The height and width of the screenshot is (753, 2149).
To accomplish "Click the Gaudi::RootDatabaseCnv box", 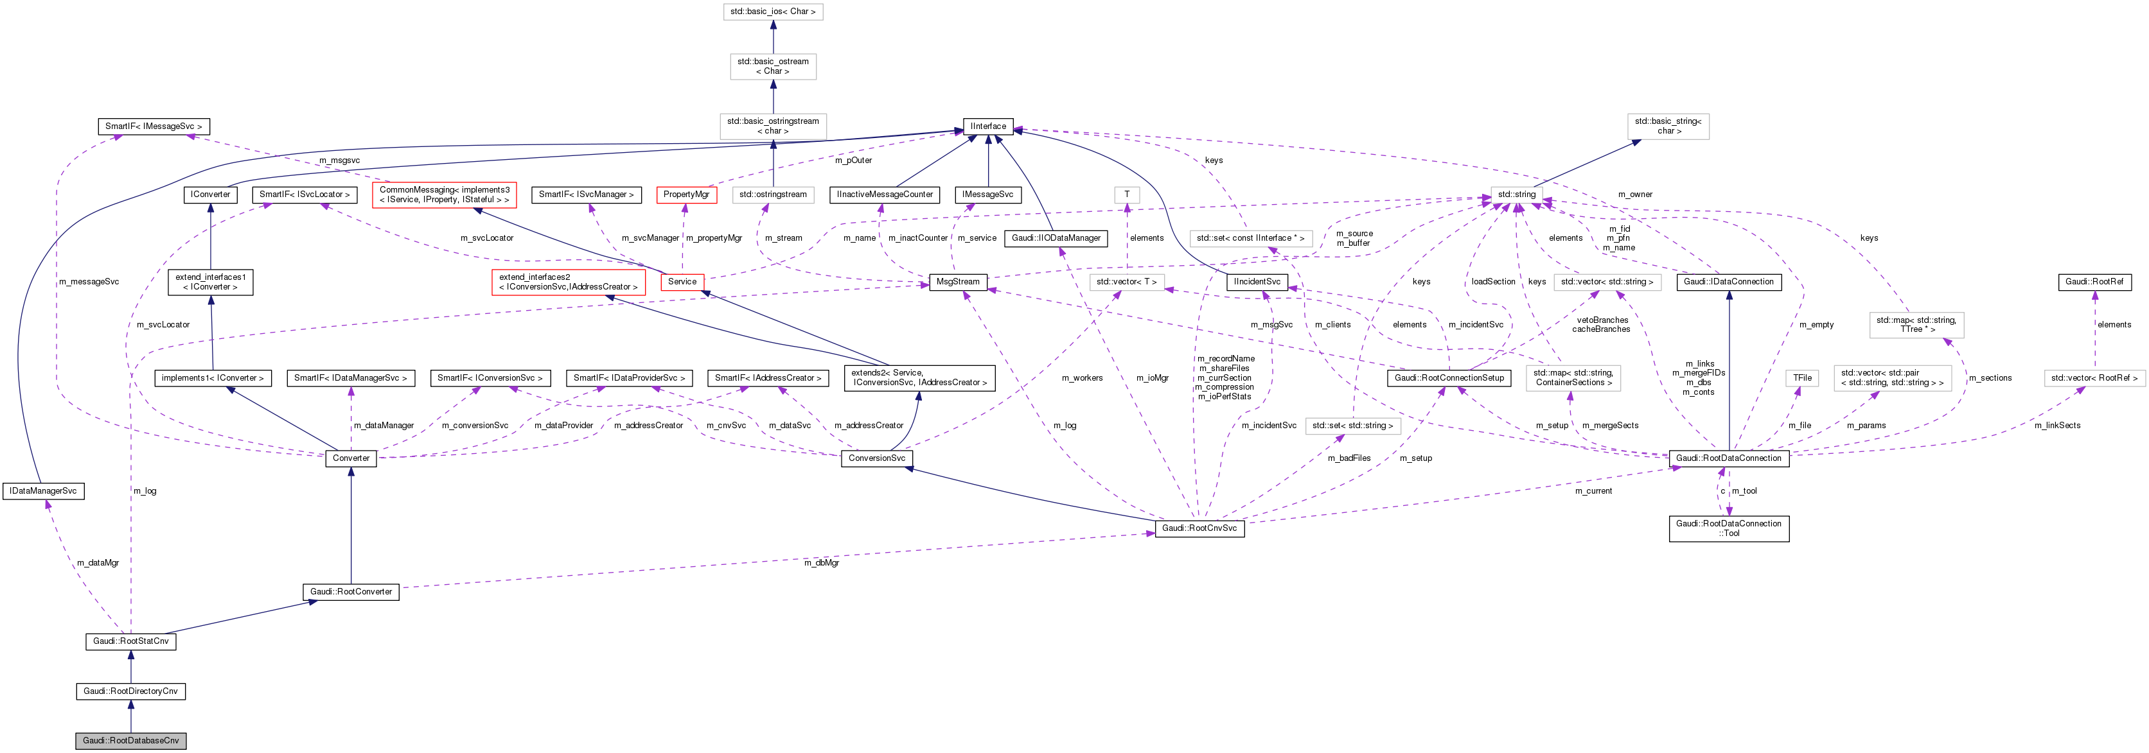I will pyautogui.click(x=130, y=741).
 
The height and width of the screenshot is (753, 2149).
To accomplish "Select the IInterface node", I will pyautogui.click(x=987, y=126).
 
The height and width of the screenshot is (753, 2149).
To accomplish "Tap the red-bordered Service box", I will pyautogui.click(x=682, y=282).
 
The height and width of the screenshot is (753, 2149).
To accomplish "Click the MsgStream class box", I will pyautogui.click(x=958, y=282).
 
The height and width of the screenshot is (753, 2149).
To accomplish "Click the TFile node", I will pyautogui.click(x=1803, y=377).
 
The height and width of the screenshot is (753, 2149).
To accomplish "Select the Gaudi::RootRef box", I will pyautogui.click(x=2094, y=282).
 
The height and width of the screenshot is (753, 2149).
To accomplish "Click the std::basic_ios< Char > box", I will pyautogui.click(x=772, y=12).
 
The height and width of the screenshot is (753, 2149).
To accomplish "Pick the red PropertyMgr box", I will pyautogui.click(x=685, y=195).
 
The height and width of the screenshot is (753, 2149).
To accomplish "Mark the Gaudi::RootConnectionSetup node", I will pyautogui.click(x=1449, y=377).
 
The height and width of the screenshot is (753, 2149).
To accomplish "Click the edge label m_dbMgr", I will pyautogui.click(x=821, y=563).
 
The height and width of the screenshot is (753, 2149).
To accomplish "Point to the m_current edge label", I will pyautogui.click(x=1593, y=491).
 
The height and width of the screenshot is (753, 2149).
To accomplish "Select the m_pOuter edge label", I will pyautogui.click(x=853, y=160).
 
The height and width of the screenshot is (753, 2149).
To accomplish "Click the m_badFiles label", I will pyautogui.click(x=1349, y=458).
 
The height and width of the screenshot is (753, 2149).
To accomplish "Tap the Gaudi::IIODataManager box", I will pyautogui.click(x=1056, y=239).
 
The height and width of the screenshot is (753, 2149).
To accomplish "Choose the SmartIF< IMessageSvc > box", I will pyautogui.click(x=154, y=126).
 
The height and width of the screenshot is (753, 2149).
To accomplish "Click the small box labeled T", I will pyautogui.click(x=1126, y=195).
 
